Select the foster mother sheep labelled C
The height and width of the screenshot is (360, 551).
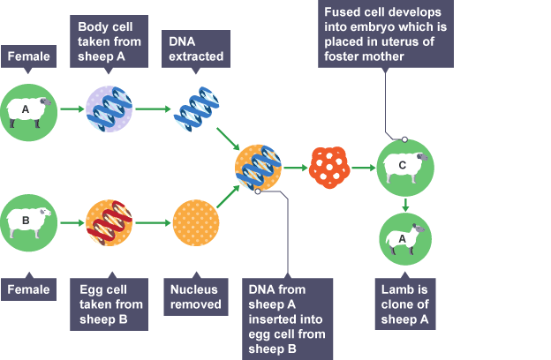(405, 166)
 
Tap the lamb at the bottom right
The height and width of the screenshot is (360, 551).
(406, 239)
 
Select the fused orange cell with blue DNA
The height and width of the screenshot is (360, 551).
(260, 165)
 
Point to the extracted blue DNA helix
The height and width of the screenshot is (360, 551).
(196, 109)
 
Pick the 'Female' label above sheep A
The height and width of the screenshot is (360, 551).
(28, 57)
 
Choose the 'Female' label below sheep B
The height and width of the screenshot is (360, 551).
(28, 289)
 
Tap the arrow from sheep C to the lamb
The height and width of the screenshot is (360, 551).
(405, 206)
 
